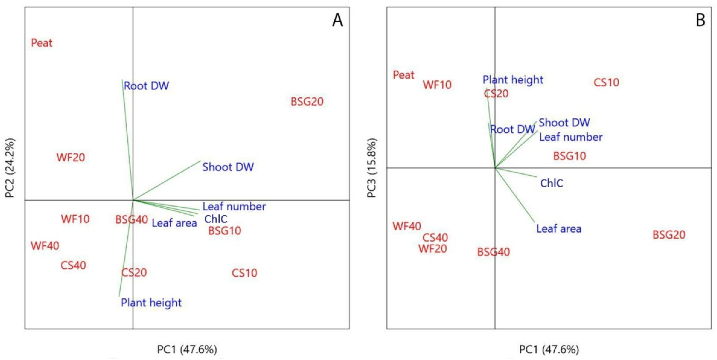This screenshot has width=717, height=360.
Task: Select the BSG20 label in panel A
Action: click(307, 102)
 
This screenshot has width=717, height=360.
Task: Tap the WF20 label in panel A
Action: click(71, 157)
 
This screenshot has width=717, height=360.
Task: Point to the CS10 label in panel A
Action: click(244, 273)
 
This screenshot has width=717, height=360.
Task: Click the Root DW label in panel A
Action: click(146, 86)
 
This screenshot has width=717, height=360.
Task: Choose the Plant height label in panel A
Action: click(151, 302)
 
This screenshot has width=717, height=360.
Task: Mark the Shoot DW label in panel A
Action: click(228, 167)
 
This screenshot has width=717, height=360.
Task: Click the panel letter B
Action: click(700, 21)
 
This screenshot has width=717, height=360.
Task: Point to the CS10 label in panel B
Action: click(606, 82)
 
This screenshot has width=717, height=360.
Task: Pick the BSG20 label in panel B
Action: click(669, 235)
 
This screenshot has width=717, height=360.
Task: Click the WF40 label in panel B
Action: click(407, 226)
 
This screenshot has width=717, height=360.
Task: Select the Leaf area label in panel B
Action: click(559, 229)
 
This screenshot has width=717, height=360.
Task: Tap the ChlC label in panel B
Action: click(552, 183)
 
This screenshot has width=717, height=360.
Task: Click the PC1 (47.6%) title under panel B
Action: click(549, 349)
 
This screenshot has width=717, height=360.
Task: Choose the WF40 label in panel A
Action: click(45, 246)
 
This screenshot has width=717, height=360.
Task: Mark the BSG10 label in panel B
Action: click(570, 156)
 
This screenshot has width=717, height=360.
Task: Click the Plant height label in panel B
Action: click(513, 80)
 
